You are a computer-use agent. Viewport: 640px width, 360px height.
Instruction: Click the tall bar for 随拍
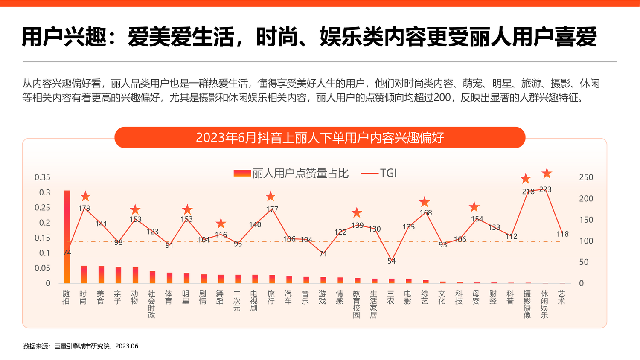pos(67,237)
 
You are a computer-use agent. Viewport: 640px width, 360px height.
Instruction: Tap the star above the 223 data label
pos(547,174)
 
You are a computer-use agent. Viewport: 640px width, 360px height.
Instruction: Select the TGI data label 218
pos(528,192)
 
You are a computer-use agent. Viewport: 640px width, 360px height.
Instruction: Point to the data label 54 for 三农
pos(392,261)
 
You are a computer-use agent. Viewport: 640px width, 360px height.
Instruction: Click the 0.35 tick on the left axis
pos(42,177)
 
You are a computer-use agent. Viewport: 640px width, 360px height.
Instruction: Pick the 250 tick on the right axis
pos(586,177)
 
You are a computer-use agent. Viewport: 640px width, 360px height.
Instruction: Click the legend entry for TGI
pos(379,173)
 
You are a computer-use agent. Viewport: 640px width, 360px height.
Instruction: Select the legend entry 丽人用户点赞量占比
pos(291,174)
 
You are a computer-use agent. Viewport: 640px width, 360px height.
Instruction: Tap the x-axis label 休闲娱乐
pos(544,305)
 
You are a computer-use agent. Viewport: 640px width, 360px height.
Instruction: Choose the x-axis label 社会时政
pos(151,305)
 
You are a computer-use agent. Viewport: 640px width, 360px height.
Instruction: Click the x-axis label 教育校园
pos(357,305)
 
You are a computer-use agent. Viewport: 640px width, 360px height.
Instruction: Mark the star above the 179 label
pos(85,197)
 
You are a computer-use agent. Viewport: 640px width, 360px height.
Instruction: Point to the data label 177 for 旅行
pos(272,209)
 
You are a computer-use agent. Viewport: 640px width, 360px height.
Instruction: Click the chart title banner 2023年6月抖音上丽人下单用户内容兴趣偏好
pos(320,138)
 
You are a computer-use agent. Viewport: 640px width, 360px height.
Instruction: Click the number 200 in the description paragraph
pos(442,98)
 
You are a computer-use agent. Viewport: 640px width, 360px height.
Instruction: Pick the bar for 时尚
pos(84,274)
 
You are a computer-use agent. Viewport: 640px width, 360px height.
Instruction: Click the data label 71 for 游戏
pos(323,254)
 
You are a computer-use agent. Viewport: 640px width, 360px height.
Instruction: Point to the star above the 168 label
pos(424,202)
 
